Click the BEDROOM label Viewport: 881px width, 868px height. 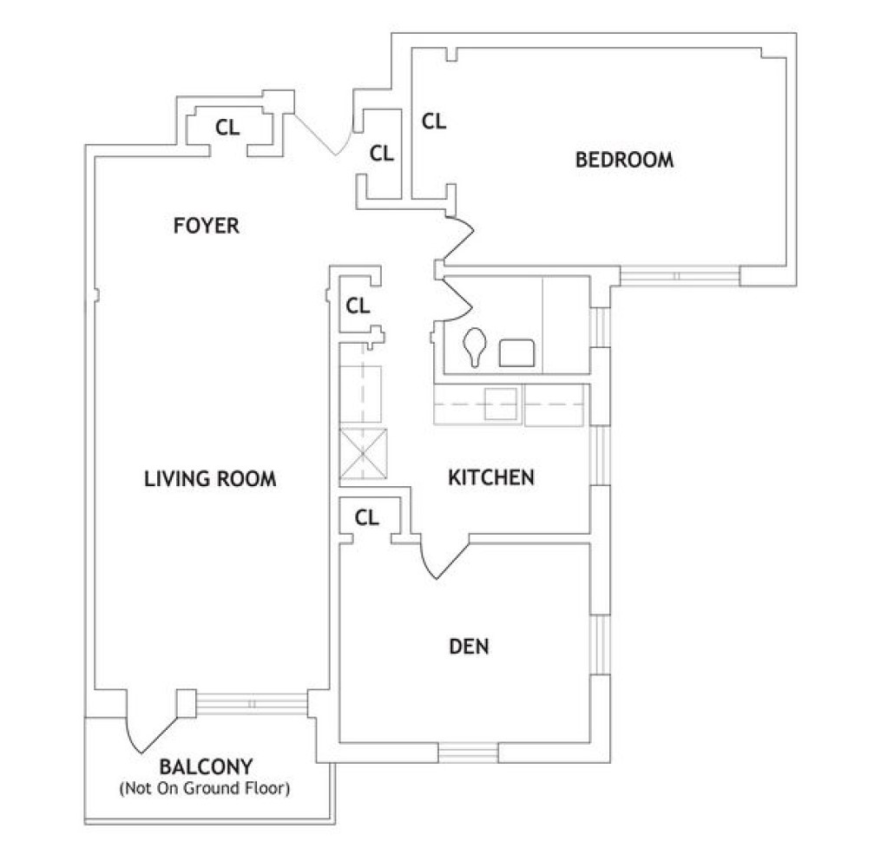[x=624, y=160]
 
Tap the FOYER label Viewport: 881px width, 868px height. [x=206, y=227]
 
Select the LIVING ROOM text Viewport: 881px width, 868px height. [x=210, y=478]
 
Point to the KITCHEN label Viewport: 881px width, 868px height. [x=490, y=477]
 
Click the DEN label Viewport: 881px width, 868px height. [x=469, y=647]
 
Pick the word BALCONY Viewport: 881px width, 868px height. [x=206, y=767]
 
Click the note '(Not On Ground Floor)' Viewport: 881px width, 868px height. [x=206, y=789]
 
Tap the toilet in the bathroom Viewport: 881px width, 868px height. [x=475, y=347]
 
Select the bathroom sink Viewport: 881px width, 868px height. [x=518, y=352]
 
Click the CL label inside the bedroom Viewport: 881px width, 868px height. [x=434, y=122]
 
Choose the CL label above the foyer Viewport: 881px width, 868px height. [x=227, y=128]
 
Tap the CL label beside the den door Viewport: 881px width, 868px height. [x=367, y=517]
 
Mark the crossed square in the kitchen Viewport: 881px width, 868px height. [x=364, y=454]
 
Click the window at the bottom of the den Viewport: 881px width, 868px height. [x=468, y=752]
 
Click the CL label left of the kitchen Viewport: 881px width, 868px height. [x=358, y=306]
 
